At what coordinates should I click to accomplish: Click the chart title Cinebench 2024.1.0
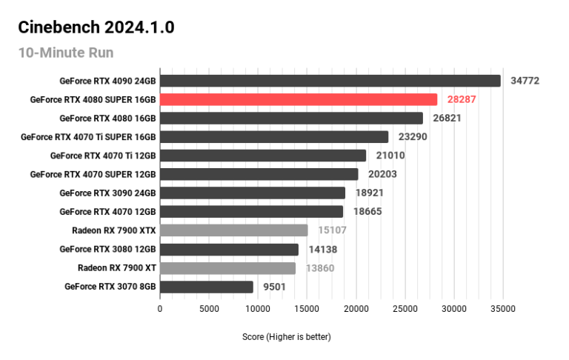pyautogui.click(x=96, y=28)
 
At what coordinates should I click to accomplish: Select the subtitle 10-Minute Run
pyautogui.click(x=66, y=53)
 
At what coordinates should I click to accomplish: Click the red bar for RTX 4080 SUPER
pyautogui.click(x=299, y=99)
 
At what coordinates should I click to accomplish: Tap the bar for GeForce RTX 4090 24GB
pyautogui.click(x=330, y=81)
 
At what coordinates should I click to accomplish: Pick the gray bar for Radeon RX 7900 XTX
pyautogui.click(x=233, y=230)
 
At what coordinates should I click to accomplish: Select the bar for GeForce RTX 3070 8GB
pyautogui.click(x=207, y=287)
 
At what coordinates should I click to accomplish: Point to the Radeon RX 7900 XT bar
pyautogui.click(x=227, y=268)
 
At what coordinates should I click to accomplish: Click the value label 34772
pyautogui.click(x=525, y=81)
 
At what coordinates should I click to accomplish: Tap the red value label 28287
pyautogui.click(x=462, y=99)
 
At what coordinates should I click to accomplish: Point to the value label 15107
pyautogui.click(x=331, y=230)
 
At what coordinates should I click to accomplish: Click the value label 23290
pyautogui.click(x=412, y=137)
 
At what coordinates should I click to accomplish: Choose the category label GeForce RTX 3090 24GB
pyautogui.click(x=107, y=193)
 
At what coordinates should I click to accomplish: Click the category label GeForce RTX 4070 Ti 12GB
pyautogui.click(x=103, y=156)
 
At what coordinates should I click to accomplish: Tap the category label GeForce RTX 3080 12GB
pyautogui.click(x=107, y=249)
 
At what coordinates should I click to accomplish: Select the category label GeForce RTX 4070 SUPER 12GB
pyautogui.click(x=93, y=174)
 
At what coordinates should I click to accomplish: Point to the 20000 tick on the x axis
pyautogui.click(x=356, y=308)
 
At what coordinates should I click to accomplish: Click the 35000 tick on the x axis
pyautogui.click(x=502, y=308)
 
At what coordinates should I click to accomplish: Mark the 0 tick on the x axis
pyautogui.click(x=160, y=308)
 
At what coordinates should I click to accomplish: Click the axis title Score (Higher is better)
pyautogui.click(x=287, y=337)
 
